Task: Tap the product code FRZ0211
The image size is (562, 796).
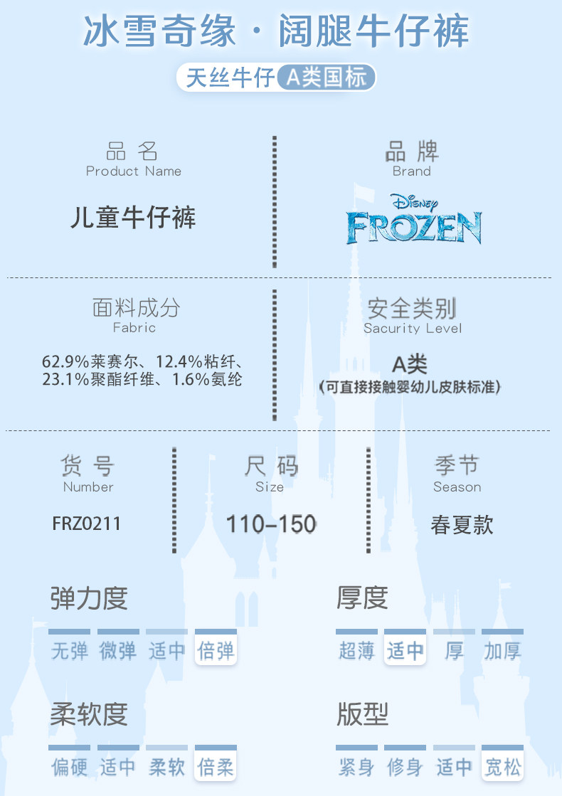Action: (x=87, y=524)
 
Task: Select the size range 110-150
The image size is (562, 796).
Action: (x=270, y=524)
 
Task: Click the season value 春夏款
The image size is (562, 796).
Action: (x=462, y=525)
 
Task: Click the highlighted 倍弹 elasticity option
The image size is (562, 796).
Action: (x=216, y=650)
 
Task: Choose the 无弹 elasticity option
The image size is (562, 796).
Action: (x=70, y=650)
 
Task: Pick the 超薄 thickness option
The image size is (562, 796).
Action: (x=356, y=650)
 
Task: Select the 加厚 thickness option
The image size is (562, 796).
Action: (x=502, y=650)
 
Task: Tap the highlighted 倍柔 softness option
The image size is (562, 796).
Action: (x=216, y=767)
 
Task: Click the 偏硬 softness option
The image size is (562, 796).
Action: (x=70, y=767)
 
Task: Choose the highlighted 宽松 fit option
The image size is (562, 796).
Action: (x=502, y=767)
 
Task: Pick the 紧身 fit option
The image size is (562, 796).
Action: (x=356, y=767)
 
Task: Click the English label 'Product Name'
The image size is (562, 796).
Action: (x=134, y=171)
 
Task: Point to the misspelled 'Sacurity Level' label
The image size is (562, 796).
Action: (x=413, y=328)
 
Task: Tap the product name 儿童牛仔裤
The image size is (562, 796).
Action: (x=133, y=218)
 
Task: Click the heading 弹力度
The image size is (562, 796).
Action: (x=89, y=598)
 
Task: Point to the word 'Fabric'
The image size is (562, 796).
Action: (x=134, y=328)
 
